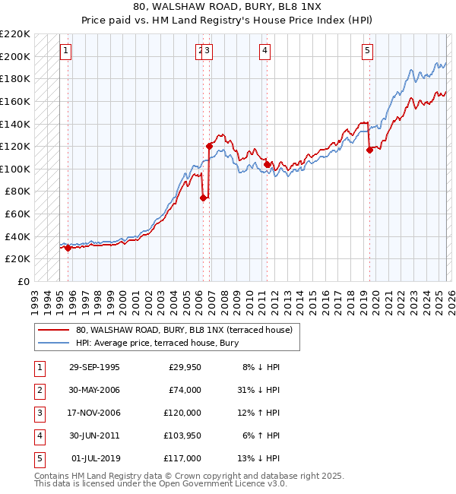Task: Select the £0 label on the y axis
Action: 23,281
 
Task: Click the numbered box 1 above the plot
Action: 66,51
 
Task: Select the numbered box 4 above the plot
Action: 264,51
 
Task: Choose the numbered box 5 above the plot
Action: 367,51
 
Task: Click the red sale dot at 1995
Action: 68,248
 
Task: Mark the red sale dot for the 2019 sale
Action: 369,150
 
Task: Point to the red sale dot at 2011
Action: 267,164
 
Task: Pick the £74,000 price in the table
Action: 185,390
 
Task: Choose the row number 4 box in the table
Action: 38,435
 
